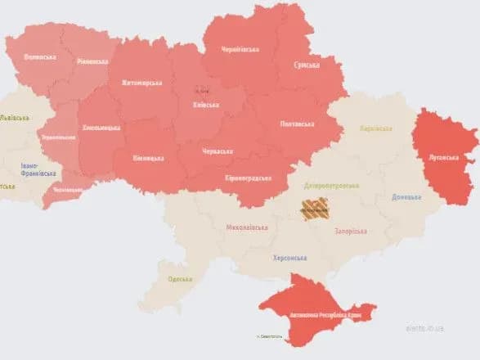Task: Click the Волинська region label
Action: (x=40, y=56)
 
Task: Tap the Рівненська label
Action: (x=92, y=61)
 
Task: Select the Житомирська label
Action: (x=141, y=83)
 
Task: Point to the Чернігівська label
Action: (x=240, y=49)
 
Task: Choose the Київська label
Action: (x=205, y=105)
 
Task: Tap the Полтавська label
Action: (x=296, y=124)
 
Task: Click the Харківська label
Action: (x=377, y=129)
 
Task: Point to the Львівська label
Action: (x=14, y=119)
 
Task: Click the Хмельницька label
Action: (x=101, y=128)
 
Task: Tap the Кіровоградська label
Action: (x=248, y=178)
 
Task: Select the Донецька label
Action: (x=406, y=197)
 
